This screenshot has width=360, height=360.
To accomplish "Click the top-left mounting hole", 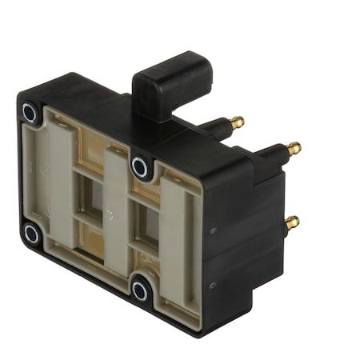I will click(30, 112).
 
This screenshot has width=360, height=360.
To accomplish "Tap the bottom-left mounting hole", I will click(31, 234).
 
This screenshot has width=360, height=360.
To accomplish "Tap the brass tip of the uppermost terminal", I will click(238, 122).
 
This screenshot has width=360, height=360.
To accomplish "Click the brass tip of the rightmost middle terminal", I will click(294, 149).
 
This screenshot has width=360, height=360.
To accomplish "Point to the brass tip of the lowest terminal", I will click(292, 221).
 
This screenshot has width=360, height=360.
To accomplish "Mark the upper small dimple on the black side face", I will click(212, 231).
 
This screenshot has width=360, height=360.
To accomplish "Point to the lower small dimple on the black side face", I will click(210, 285).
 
